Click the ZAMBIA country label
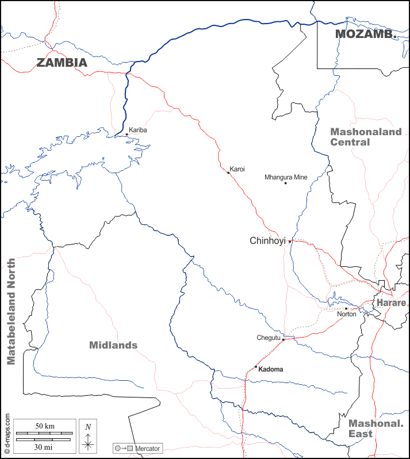[x=62, y=63]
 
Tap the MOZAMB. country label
[x=366, y=33]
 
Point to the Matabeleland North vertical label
[x=11, y=312]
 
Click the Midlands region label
[x=113, y=345]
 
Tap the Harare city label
[x=391, y=303]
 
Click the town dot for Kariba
[x=127, y=135]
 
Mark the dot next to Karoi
[x=228, y=173]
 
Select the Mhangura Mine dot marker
[x=285, y=183]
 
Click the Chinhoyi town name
[x=267, y=241]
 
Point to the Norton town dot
[x=346, y=308]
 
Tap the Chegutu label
[x=268, y=338]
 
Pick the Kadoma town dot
[x=256, y=366]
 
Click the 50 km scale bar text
[x=45, y=426]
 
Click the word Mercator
[x=148, y=448]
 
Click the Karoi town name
[x=237, y=170]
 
